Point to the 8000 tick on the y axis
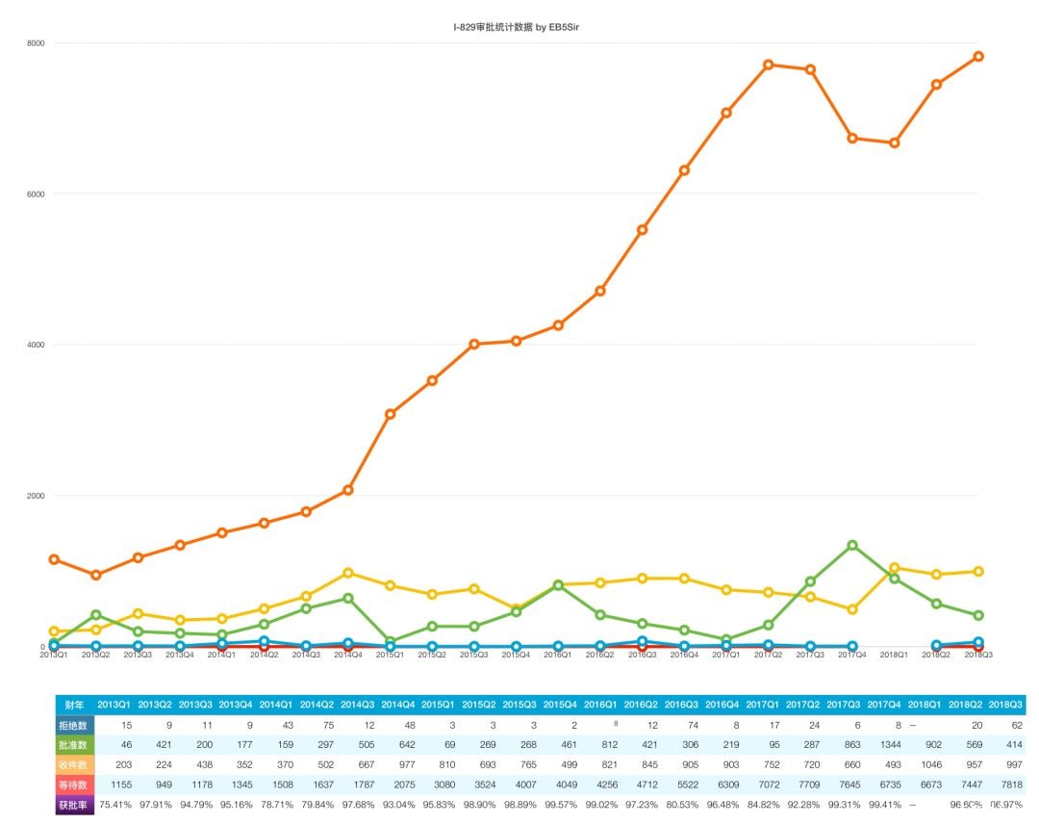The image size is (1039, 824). click(x=36, y=43)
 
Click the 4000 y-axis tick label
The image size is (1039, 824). click(x=36, y=345)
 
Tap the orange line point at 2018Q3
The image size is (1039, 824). click(x=978, y=57)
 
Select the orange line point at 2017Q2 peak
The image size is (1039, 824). click(x=768, y=64)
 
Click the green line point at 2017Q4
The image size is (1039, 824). click(x=852, y=545)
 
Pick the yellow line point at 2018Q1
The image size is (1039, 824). click(x=895, y=568)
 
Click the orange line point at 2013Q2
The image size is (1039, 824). click(x=95, y=575)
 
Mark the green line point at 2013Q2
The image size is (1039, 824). click(x=95, y=614)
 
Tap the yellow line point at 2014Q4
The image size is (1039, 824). click(x=348, y=573)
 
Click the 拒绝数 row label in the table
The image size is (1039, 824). click(x=74, y=725)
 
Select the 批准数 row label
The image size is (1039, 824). click(x=74, y=745)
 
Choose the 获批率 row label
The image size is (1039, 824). click(x=74, y=805)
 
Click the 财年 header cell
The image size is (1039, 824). click(x=74, y=706)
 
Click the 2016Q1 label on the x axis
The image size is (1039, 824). click(x=557, y=655)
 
